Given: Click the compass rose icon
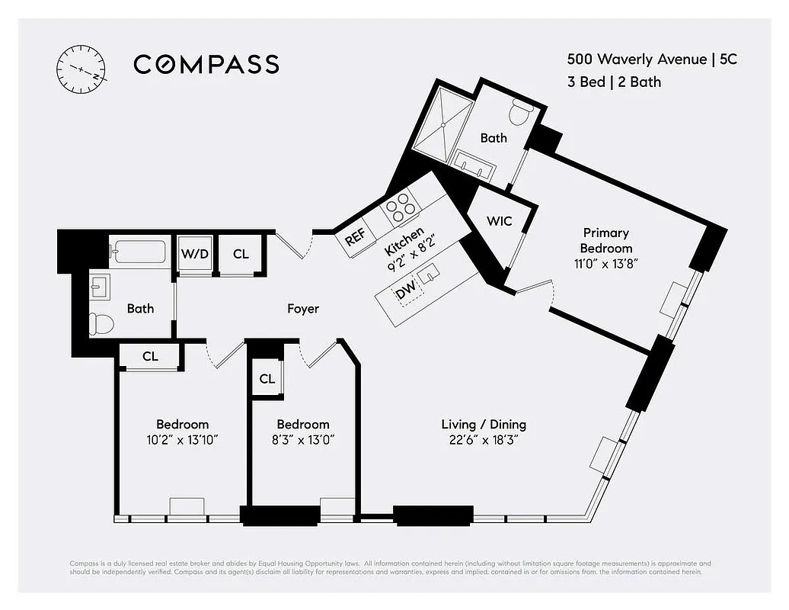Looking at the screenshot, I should coord(81,69).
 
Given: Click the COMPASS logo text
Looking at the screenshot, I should coord(206,64).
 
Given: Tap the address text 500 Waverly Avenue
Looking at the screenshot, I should coord(635,59).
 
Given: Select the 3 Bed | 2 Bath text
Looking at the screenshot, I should coord(613,82).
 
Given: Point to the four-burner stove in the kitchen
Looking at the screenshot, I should coord(401,207).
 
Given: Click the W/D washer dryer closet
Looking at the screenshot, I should coord(194,254).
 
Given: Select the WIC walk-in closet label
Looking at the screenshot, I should coord(499,221).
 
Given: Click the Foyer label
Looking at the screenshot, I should coord(302,309).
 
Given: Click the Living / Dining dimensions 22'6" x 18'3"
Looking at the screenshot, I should coord(484,441).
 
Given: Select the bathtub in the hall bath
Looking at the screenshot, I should coord(138,251).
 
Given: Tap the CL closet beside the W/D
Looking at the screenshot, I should coord(241,254).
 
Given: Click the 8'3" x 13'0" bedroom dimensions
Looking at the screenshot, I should coord(302,441).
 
